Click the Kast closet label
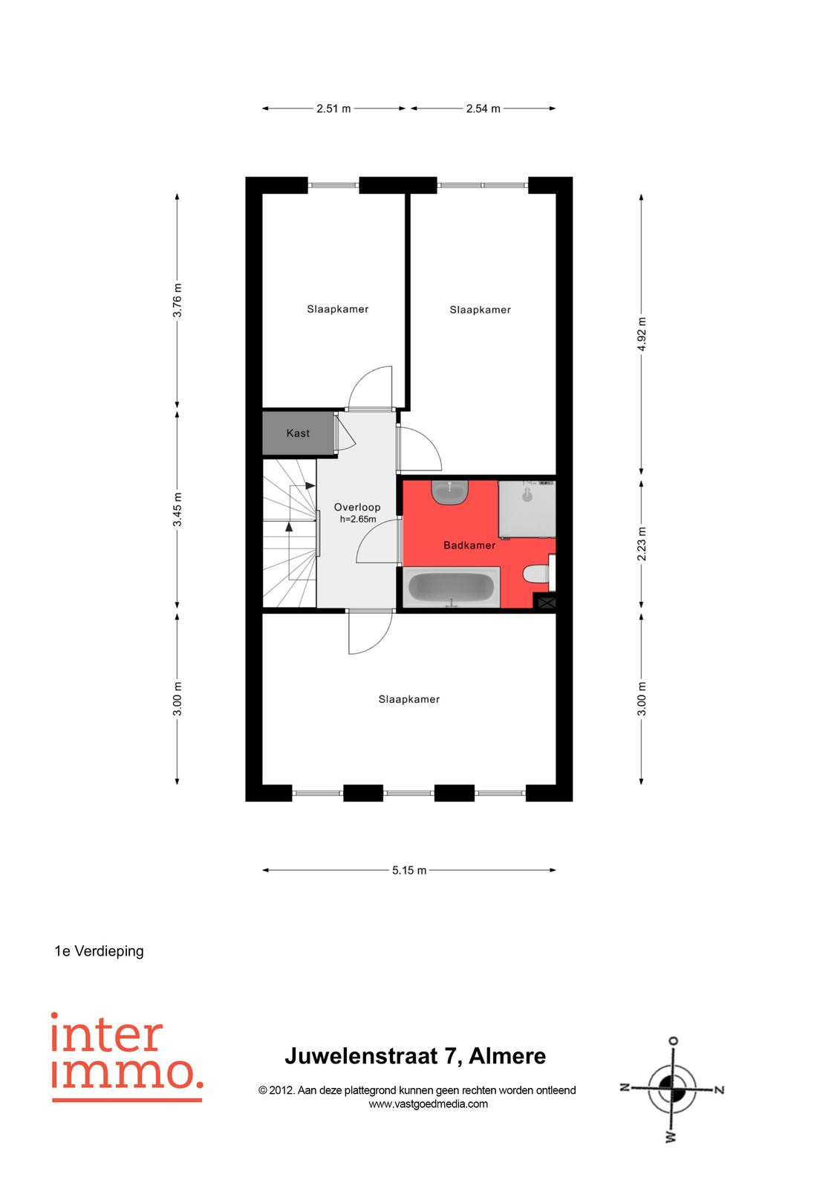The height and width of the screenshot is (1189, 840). (298, 433)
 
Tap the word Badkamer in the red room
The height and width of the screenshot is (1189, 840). (469, 545)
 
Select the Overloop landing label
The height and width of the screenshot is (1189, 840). (356, 507)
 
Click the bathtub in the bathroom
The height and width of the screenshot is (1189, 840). (451, 586)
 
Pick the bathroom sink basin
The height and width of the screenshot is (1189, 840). (449, 491)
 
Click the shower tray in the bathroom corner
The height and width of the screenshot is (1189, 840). (527, 509)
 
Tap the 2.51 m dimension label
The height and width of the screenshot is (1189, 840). (333, 108)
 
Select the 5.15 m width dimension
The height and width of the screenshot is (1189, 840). (409, 870)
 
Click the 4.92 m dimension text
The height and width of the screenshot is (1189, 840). (642, 334)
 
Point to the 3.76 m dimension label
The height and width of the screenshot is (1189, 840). (178, 300)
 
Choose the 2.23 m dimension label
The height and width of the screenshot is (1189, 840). (642, 543)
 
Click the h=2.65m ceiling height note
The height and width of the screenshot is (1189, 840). (358, 519)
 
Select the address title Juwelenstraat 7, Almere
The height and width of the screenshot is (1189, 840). (415, 1056)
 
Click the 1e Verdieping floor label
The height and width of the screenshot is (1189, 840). (99, 951)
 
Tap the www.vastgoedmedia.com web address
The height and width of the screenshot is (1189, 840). (428, 1104)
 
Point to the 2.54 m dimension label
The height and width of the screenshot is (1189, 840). (483, 108)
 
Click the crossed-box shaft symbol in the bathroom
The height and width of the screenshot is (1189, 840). (547, 603)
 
